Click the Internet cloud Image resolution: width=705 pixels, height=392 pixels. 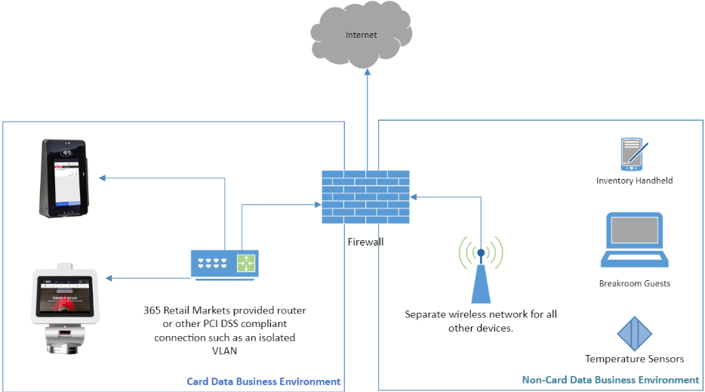(361, 35)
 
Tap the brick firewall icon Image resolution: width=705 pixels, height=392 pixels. (365, 196)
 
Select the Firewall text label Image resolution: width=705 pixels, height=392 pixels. (365, 242)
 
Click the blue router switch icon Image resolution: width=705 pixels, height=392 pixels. (224, 264)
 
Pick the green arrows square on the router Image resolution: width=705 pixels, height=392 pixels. (246, 263)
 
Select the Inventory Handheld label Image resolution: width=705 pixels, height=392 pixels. (634, 181)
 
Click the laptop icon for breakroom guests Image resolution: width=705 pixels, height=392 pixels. (634, 240)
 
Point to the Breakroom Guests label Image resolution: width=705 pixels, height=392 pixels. (634, 283)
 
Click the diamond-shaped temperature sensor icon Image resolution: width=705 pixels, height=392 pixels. (634, 333)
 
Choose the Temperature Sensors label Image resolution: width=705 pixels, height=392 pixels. (634, 359)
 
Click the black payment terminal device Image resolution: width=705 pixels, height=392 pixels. (66, 178)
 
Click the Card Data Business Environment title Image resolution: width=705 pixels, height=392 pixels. (263, 381)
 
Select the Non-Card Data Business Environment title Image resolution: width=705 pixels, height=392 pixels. (611, 380)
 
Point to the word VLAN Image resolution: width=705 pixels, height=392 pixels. (224, 350)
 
